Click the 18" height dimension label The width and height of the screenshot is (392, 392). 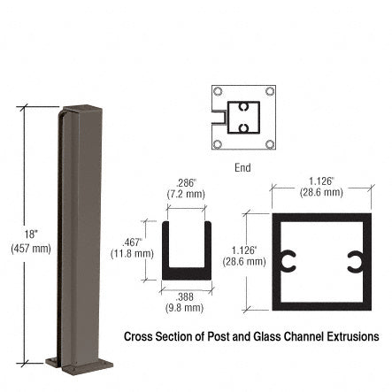[31, 234]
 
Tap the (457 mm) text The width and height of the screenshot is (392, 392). [31, 249]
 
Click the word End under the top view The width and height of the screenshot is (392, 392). [242, 168]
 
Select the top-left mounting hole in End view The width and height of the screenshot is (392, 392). [218, 91]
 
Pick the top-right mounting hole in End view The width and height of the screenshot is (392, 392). [270, 91]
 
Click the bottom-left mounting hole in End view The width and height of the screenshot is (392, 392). [218, 144]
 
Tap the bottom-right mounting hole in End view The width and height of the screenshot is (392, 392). [270, 144]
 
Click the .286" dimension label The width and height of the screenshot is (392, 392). [186, 183]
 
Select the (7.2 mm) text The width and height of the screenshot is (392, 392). [186, 195]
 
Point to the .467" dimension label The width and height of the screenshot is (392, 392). [132, 242]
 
